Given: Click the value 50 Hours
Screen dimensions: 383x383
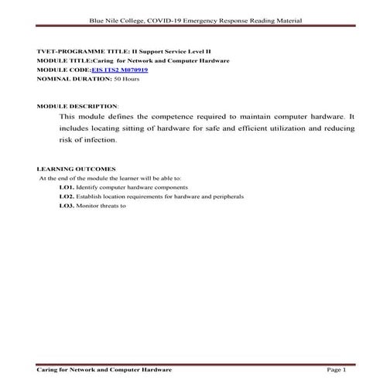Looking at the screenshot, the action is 127,79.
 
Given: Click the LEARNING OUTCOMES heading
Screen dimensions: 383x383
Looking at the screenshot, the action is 76,168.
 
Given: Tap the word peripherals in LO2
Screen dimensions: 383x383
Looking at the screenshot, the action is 227,197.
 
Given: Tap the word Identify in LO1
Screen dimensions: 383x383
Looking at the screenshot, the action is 87,187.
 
